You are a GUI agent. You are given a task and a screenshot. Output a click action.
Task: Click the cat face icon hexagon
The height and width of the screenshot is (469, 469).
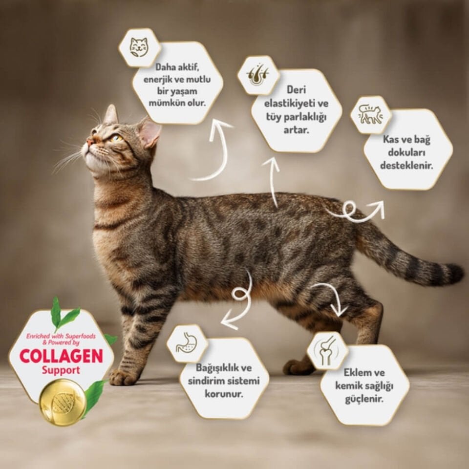(140, 47)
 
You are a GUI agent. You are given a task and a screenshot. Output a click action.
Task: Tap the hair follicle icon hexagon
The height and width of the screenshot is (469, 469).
(258, 75)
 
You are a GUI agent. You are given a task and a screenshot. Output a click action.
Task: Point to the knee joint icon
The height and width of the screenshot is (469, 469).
(327, 350)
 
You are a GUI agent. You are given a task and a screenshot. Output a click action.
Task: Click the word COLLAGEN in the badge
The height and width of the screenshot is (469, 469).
(61, 356)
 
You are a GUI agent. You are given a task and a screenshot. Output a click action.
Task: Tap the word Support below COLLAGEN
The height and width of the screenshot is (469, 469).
(61, 370)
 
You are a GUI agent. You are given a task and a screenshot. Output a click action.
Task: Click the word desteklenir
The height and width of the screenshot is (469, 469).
(407, 166)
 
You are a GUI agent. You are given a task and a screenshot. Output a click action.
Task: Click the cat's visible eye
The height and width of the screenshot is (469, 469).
(115, 138)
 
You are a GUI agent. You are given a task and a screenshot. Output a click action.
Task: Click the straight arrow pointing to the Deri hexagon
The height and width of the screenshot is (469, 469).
(273, 181)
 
